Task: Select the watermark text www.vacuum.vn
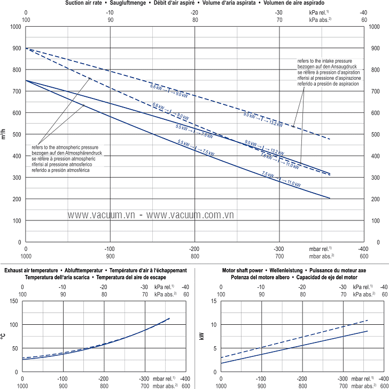100,214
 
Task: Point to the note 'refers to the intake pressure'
328,62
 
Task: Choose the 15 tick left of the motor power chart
213,301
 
